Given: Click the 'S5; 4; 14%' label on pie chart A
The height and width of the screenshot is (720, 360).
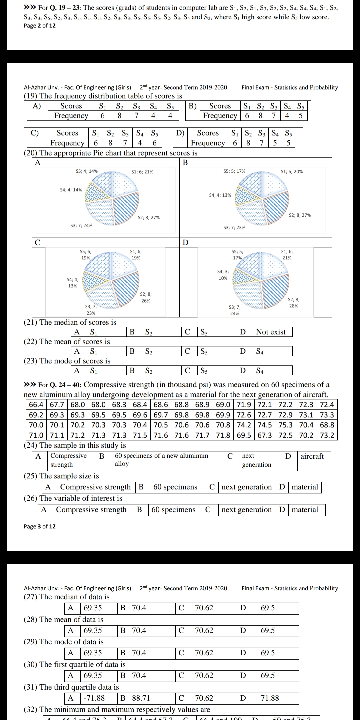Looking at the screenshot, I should coord(87,171).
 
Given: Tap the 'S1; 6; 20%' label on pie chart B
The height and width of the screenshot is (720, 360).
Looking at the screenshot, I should coord(292,171).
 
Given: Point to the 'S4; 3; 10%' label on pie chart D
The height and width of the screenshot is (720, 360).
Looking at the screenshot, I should coord(223,275).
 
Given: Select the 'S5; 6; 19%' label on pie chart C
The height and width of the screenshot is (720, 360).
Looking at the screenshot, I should coord(86,255).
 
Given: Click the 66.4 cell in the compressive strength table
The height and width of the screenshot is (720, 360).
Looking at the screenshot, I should coord(36,405).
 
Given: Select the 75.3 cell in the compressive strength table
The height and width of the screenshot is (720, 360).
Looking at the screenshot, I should coord(286,425).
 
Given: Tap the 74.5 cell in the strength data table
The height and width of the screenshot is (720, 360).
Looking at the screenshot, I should coord(265,425).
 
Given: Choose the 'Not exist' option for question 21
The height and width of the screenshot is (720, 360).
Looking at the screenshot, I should coord(271,332).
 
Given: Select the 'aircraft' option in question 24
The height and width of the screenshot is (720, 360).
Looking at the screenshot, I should coord(312,456).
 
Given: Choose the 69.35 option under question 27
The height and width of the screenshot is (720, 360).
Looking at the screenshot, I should coord(93,608).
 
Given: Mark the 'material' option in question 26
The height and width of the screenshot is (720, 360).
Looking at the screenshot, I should coord(305,510).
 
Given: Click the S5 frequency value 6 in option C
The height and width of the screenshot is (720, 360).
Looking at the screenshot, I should coord(155,143).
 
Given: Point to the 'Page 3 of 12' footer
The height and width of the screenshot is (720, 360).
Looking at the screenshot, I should coord(40,526).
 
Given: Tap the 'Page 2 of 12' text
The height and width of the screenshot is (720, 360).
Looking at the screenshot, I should coord(40,26).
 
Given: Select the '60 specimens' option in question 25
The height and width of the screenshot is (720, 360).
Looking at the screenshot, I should coord(175,487).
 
